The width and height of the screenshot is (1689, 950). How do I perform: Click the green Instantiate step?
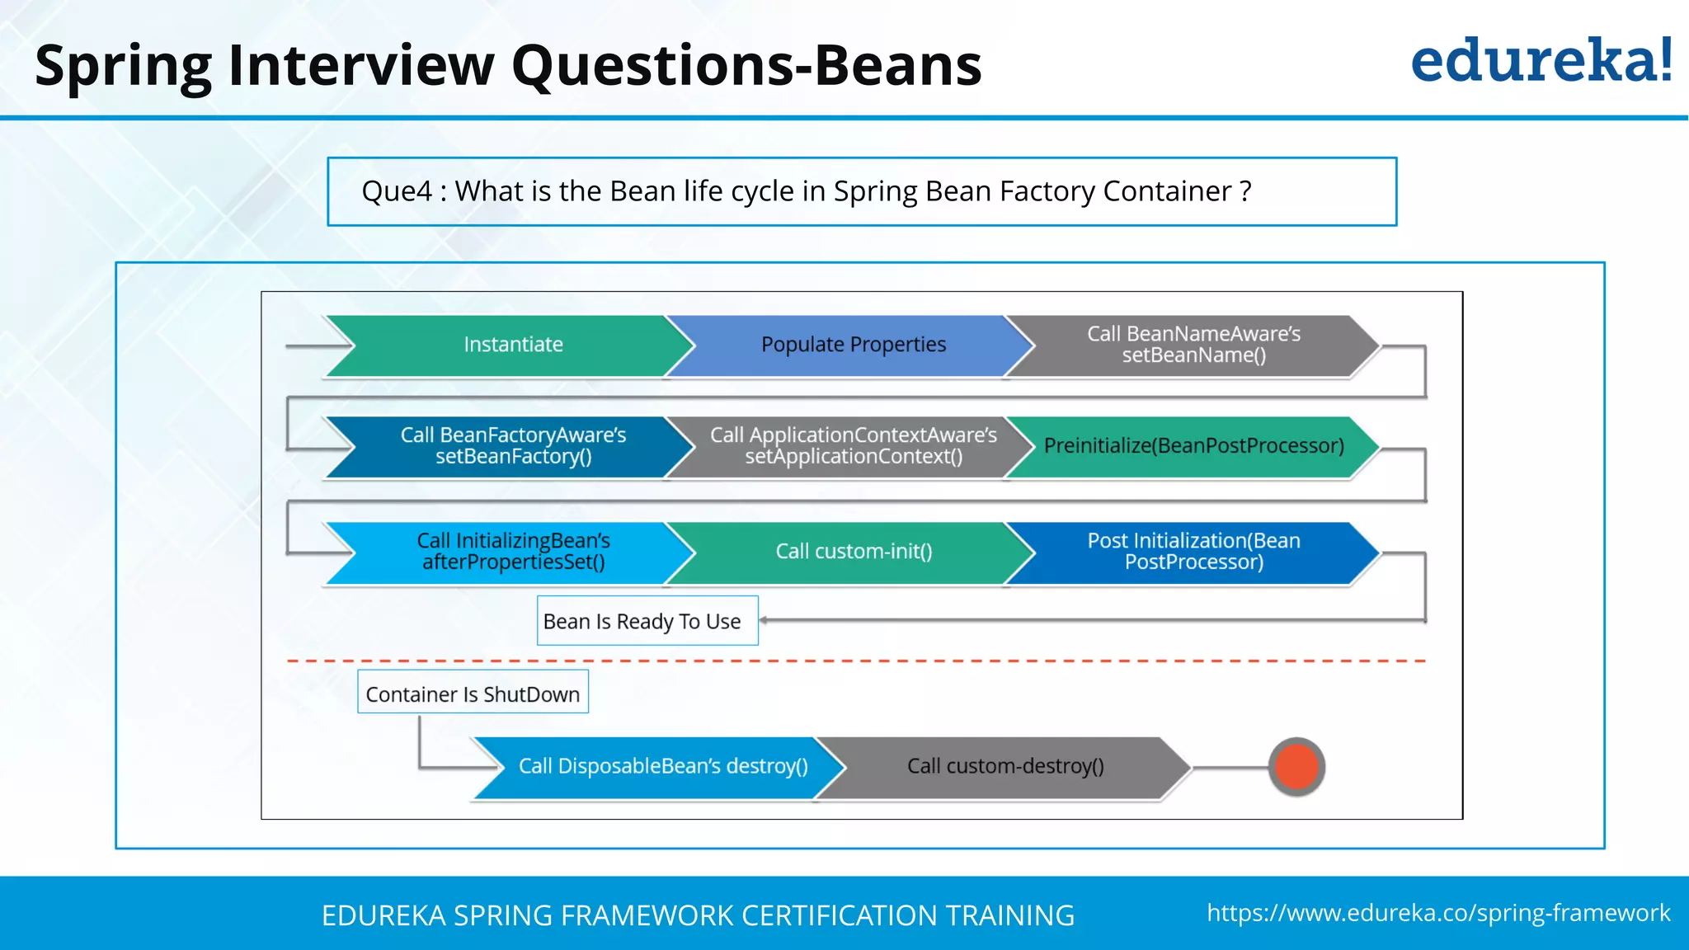(x=513, y=345)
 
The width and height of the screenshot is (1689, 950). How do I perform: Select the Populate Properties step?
(x=853, y=345)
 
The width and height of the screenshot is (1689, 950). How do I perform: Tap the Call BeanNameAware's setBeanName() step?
(x=1193, y=345)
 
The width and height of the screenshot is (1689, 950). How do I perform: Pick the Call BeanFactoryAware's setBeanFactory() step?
(x=513, y=446)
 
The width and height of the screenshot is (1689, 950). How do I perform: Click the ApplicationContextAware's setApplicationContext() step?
(x=853, y=446)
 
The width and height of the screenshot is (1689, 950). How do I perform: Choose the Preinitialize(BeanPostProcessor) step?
(x=1193, y=446)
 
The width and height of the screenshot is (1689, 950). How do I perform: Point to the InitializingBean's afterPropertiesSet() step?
(x=513, y=552)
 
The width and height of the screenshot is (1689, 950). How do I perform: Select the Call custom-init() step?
(x=853, y=552)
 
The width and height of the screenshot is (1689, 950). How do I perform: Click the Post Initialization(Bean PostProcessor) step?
(x=1193, y=552)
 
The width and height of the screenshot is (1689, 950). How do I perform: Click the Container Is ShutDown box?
(x=473, y=694)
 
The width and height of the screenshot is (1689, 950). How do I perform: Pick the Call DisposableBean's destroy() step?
(x=662, y=766)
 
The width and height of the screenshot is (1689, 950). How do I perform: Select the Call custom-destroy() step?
(x=1004, y=766)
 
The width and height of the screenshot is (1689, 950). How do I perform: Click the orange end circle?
(x=1296, y=766)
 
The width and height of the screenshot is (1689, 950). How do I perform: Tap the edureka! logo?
(x=1541, y=61)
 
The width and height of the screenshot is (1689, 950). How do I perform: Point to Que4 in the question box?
(x=397, y=191)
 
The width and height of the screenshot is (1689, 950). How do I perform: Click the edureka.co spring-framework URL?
(x=1438, y=913)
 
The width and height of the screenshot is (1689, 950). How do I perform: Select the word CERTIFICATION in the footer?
(x=839, y=915)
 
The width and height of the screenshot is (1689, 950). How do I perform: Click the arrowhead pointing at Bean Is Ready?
(x=765, y=620)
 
